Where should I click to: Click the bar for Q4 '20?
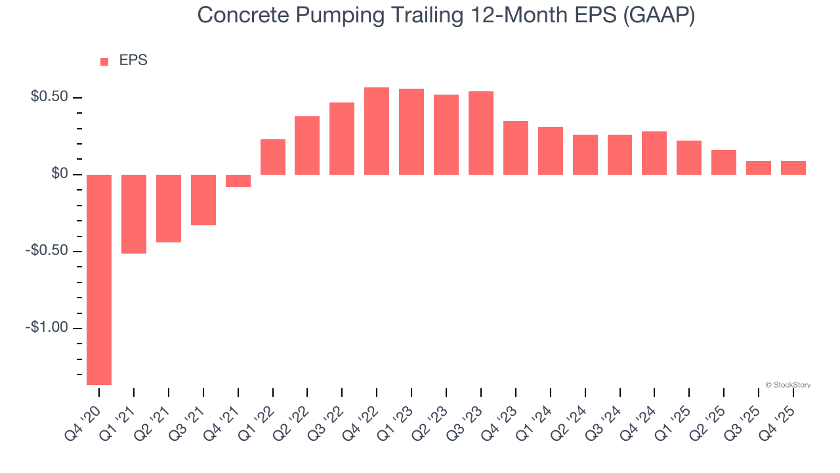coord(99,279)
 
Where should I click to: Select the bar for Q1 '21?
coord(134,214)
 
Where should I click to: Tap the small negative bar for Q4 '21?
coord(238,181)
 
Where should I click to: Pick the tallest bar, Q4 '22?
coord(377,131)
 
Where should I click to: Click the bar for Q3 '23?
coord(481,133)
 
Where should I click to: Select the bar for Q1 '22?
coord(273,157)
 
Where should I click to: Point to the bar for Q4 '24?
coord(654,153)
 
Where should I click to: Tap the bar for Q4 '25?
coord(793,168)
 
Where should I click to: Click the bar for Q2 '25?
coord(724,162)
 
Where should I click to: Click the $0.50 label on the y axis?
coord(49,97)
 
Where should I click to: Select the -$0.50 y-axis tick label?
coord(47,251)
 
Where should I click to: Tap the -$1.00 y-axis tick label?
coord(47,328)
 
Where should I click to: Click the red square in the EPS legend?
coord(104,62)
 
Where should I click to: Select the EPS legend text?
coord(133,60)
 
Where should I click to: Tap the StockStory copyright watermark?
coord(788,385)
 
